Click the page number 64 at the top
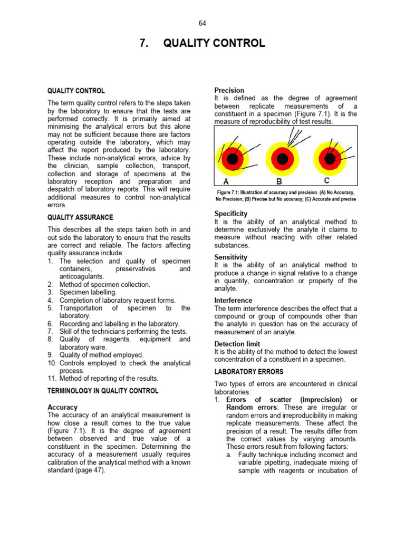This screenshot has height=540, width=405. (202, 23)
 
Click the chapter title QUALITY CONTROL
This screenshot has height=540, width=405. (214, 43)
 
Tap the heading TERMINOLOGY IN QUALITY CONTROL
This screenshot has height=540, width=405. (103, 391)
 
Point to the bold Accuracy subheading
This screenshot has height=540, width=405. (62, 407)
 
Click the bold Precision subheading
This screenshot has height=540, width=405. (229, 90)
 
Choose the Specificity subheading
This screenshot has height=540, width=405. (230, 214)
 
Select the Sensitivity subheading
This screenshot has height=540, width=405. (230, 257)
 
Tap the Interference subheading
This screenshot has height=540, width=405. (233, 300)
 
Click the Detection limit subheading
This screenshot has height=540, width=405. (237, 344)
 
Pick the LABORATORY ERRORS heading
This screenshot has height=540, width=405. (244, 371)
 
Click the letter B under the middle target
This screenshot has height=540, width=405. (279, 182)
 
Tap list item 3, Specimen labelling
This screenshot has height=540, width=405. (88, 292)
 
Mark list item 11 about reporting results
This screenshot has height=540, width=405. (108, 378)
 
